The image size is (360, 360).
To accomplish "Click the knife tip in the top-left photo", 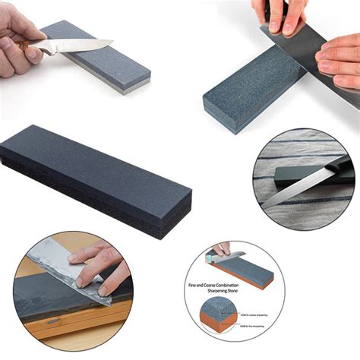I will (111, 42).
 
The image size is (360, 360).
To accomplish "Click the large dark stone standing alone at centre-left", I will (91, 175).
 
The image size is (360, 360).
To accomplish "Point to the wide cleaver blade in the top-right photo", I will (304, 46).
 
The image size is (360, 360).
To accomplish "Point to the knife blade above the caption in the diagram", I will (232, 255).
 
